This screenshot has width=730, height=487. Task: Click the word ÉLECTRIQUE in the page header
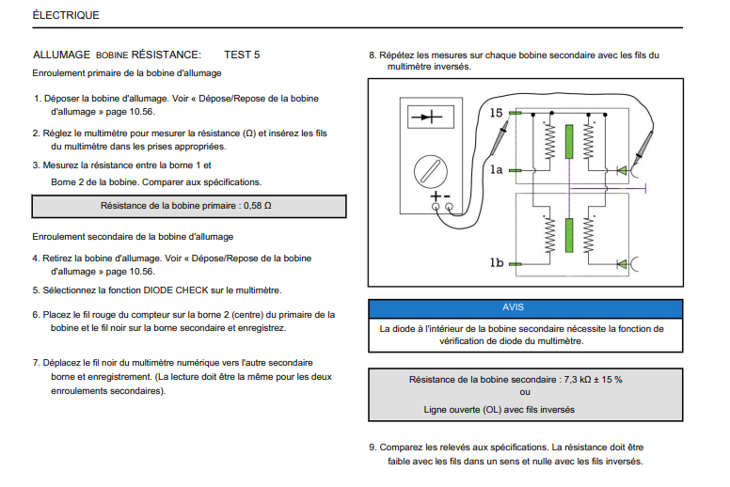click(65, 15)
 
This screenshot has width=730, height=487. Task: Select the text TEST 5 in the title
click(242, 55)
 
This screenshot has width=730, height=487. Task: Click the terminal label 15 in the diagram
click(497, 113)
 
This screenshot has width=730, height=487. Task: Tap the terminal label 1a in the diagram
click(497, 169)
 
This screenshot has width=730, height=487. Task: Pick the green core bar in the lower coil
click(568, 235)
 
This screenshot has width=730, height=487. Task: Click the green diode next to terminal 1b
click(622, 264)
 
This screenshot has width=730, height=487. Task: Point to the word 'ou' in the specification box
click(525, 393)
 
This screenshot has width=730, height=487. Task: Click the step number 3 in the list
click(36, 165)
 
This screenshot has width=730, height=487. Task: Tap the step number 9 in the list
click(373, 447)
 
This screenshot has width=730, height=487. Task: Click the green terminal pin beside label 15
click(515, 113)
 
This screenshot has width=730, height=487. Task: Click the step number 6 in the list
click(36, 314)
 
